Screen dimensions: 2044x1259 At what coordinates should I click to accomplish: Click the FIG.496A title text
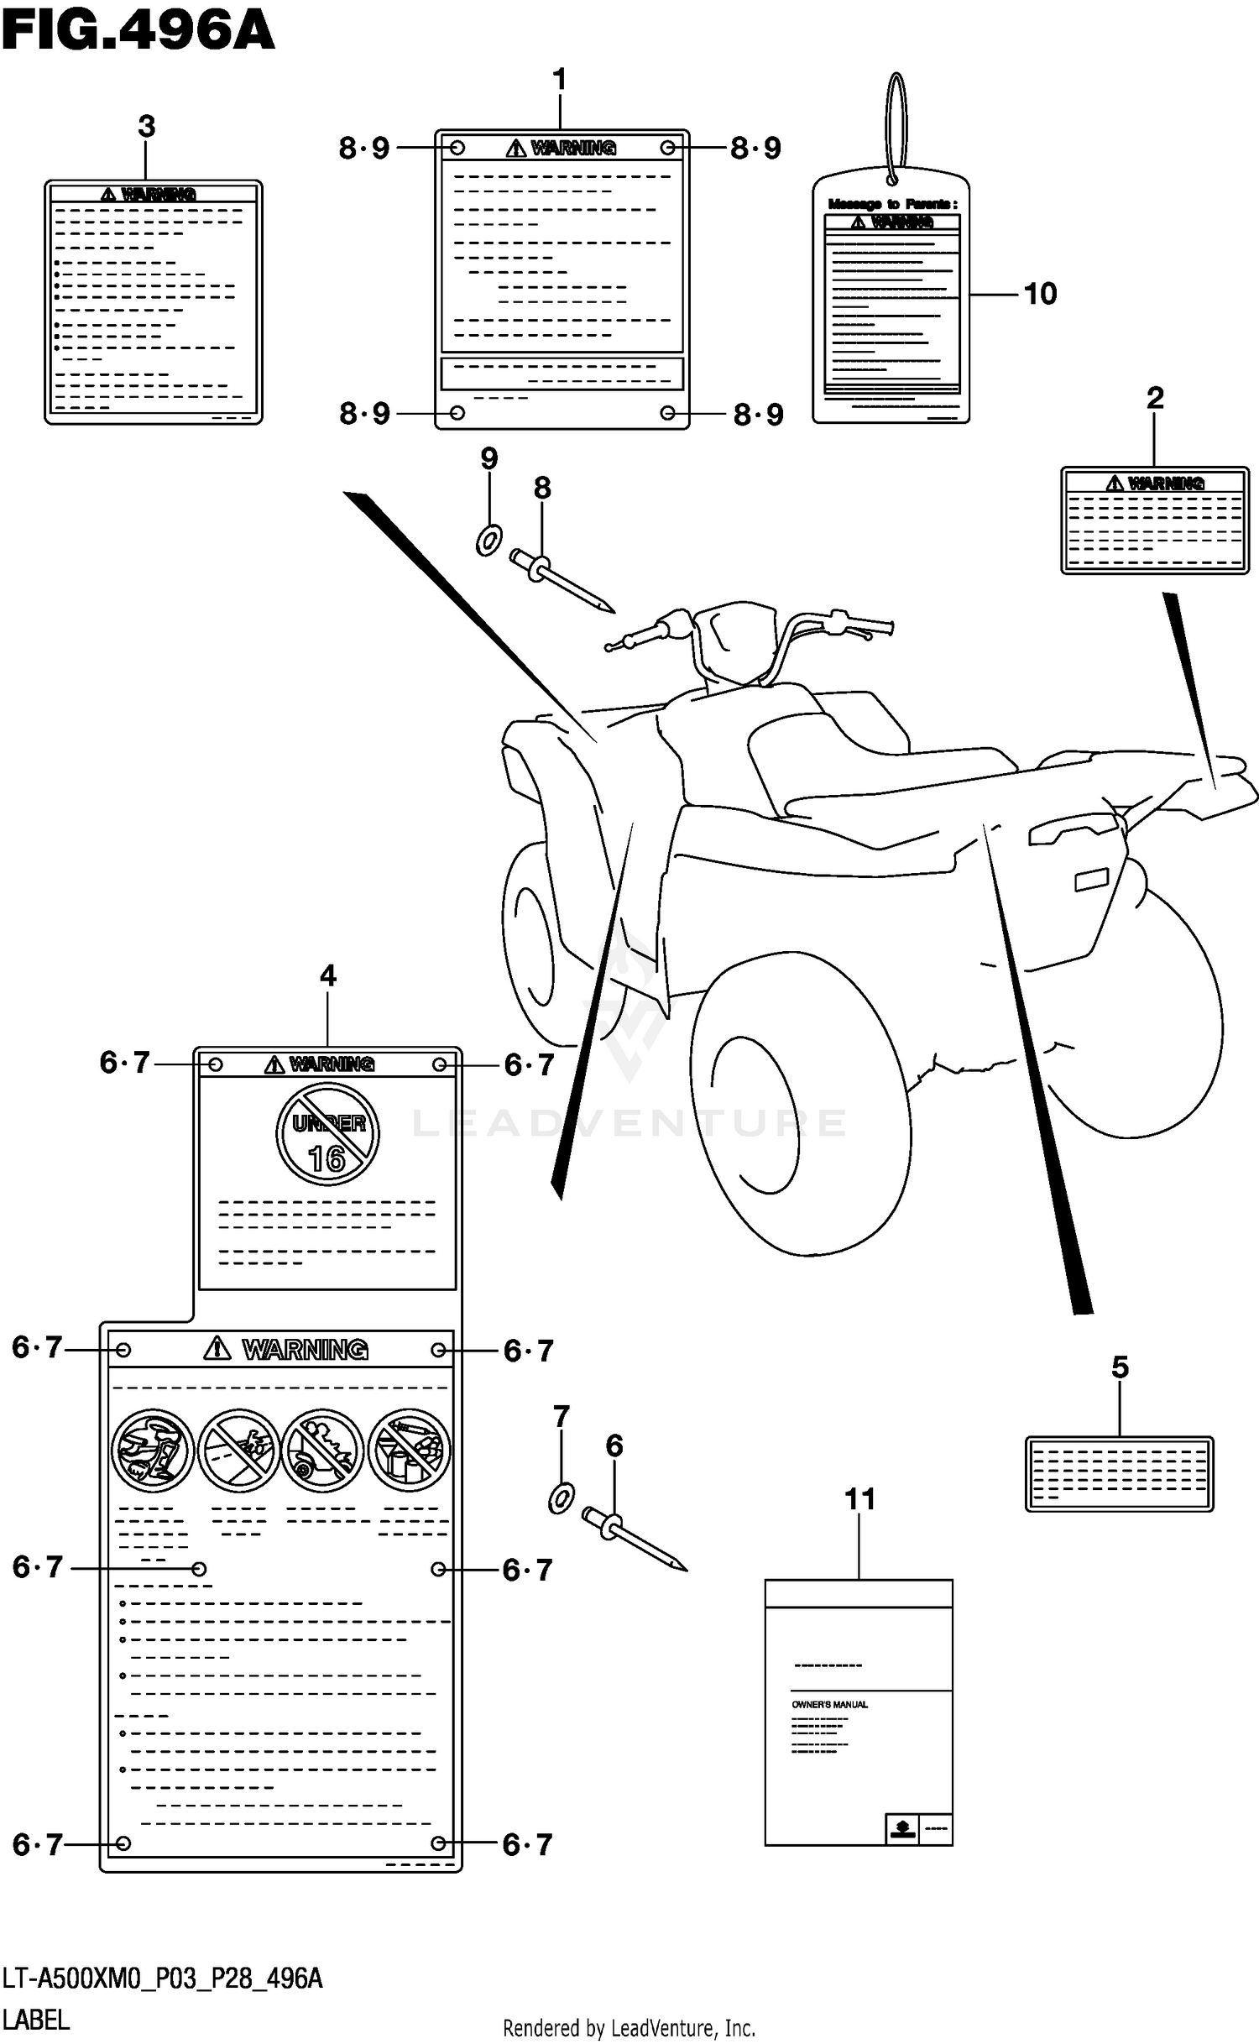138,32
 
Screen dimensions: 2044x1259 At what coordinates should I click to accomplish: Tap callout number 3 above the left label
147,127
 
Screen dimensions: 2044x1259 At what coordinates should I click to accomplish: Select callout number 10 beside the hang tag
1040,294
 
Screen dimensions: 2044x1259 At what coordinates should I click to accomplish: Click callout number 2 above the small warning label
1155,398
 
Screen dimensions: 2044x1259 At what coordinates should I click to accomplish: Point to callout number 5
1120,1367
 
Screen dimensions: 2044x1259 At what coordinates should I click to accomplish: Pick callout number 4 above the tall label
328,975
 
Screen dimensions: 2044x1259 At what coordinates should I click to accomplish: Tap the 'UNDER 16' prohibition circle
327,1134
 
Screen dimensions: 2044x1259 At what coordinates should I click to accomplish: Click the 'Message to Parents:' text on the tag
892,204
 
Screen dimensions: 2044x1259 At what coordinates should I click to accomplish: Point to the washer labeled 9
489,540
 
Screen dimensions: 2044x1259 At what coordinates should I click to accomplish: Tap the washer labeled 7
561,1498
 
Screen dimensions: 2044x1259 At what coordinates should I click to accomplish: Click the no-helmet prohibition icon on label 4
153,1450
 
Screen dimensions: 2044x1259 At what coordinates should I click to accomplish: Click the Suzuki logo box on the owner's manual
902,1827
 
